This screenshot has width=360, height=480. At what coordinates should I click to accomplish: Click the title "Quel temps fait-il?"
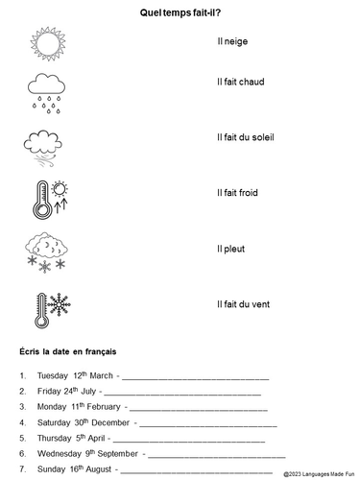pos(180,12)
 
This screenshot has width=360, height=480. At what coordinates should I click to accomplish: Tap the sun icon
pos(46,44)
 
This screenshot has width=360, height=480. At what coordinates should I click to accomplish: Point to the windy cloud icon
pos(44,147)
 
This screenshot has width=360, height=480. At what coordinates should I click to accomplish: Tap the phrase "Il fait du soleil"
pos(247,137)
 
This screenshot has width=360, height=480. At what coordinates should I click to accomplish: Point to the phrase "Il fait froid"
pos(240,193)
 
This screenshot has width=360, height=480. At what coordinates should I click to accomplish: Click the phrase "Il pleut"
pos(231,249)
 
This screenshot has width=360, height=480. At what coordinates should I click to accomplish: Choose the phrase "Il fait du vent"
pos(244,304)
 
